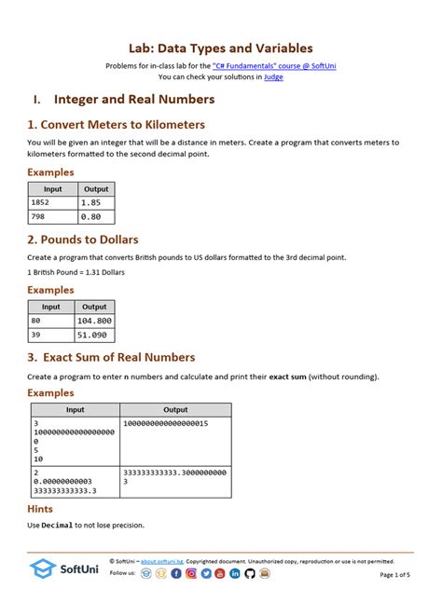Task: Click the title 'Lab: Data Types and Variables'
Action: point(220,48)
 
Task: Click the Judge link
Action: point(273,77)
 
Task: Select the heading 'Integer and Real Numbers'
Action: point(134,100)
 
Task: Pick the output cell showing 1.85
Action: point(96,202)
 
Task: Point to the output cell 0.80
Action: point(96,216)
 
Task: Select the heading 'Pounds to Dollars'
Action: point(83,240)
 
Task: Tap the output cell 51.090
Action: point(95,335)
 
